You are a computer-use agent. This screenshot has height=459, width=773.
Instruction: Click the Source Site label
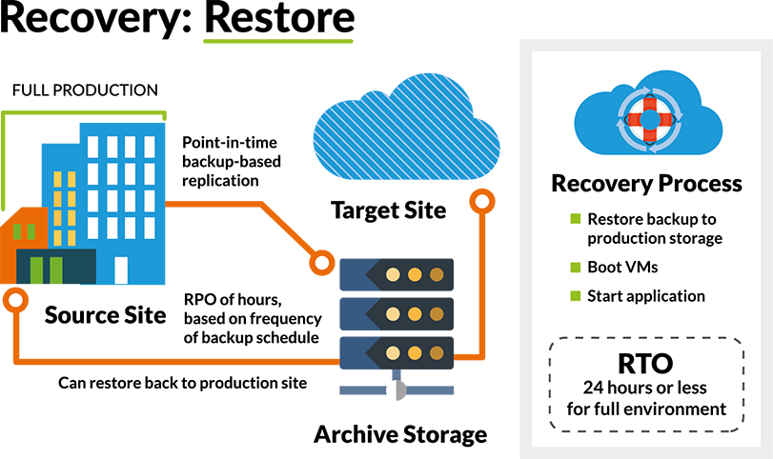pyautogui.click(x=104, y=315)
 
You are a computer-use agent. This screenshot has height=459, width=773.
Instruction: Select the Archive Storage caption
pyautogui.click(x=400, y=436)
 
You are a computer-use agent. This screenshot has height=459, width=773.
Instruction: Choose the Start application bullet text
pyautogui.click(x=646, y=295)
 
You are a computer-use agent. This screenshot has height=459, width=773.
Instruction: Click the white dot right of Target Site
pyautogui.click(x=482, y=203)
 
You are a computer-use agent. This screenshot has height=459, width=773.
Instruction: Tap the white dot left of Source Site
pyautogui.click(x=14, y=299)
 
